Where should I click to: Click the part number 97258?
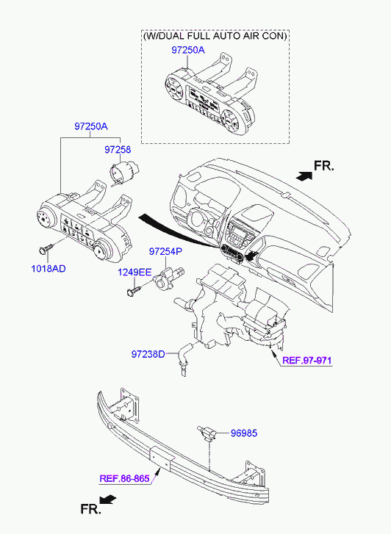pos(118,150)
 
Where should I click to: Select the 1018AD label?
pos(49,269)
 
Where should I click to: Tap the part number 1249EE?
pos(134,272)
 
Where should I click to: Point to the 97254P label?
pos(165,252)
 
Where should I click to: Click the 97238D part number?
pos(148,354)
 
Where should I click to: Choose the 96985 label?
pos(244,433)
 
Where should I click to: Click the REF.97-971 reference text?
pos(306,361)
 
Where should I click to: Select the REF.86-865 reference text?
pos(124,478)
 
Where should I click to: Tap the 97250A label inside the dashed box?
pos(188,51)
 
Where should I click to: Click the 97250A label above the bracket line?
pos(91,126)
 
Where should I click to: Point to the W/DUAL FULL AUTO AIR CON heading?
pos(215,36)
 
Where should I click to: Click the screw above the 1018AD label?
pos(45,250)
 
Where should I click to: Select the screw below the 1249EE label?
pos(133,290)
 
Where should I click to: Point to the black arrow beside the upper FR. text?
pos(304,176)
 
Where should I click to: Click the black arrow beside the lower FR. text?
pos(108,499)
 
